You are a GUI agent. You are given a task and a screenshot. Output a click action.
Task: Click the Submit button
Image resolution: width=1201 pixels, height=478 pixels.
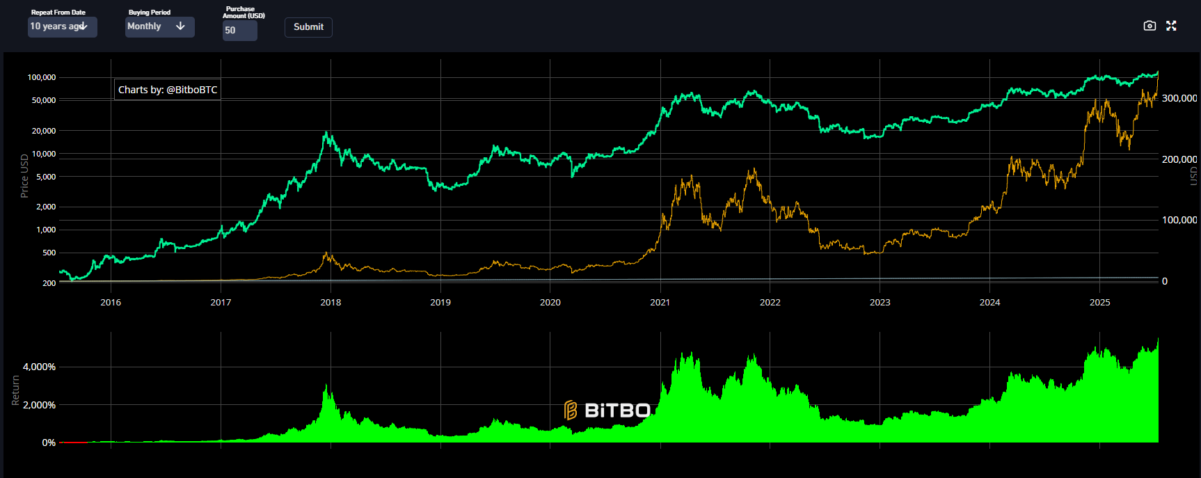point(308,27)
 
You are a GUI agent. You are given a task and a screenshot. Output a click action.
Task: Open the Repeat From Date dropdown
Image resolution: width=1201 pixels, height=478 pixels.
point(62,26)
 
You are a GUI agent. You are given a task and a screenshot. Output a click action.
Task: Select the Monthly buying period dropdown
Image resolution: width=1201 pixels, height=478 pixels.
point(159,26)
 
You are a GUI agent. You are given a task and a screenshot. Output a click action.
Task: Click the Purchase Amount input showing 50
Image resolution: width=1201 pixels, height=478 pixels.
point(239,31)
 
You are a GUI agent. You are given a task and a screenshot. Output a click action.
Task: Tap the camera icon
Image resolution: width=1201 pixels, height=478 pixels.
point(1150,26)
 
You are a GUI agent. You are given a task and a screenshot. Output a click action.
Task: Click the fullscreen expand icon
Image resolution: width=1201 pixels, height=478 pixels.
point(1171,26)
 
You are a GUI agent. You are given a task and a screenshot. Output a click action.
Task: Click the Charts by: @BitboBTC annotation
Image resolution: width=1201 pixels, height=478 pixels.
point(168,90)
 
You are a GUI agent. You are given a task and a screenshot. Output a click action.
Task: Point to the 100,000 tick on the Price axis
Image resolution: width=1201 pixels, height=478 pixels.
point(42,77)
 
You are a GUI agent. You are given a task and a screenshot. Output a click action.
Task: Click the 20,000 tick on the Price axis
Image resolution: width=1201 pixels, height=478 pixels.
point(44,131)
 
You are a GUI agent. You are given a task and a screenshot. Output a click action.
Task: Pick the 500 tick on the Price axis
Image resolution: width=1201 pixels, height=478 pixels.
point(49,253)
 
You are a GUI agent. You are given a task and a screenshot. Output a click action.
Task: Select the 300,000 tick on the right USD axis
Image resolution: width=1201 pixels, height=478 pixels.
point(1179,98)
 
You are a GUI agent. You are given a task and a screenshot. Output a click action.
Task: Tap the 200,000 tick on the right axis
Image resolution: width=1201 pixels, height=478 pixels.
point(1179,159)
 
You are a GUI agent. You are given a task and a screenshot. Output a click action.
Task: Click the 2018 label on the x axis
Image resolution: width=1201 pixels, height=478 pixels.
point(331,302)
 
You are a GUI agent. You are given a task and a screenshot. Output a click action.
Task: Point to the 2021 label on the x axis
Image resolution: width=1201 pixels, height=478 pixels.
point(660,302)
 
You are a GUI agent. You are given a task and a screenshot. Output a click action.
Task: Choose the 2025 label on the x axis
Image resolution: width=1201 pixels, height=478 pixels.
point(1099,302)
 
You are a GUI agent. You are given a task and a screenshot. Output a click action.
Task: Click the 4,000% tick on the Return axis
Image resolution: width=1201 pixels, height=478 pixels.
point(39,367)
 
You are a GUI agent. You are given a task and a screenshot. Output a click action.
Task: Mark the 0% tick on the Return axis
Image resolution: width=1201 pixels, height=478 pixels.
point(49,443)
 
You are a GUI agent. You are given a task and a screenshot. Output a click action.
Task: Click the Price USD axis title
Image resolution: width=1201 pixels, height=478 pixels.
point(24,175)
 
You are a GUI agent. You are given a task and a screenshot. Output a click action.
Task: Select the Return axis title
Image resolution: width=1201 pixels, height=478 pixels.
point(15,390)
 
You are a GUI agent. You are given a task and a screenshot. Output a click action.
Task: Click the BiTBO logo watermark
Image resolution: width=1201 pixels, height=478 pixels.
point(607,411)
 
